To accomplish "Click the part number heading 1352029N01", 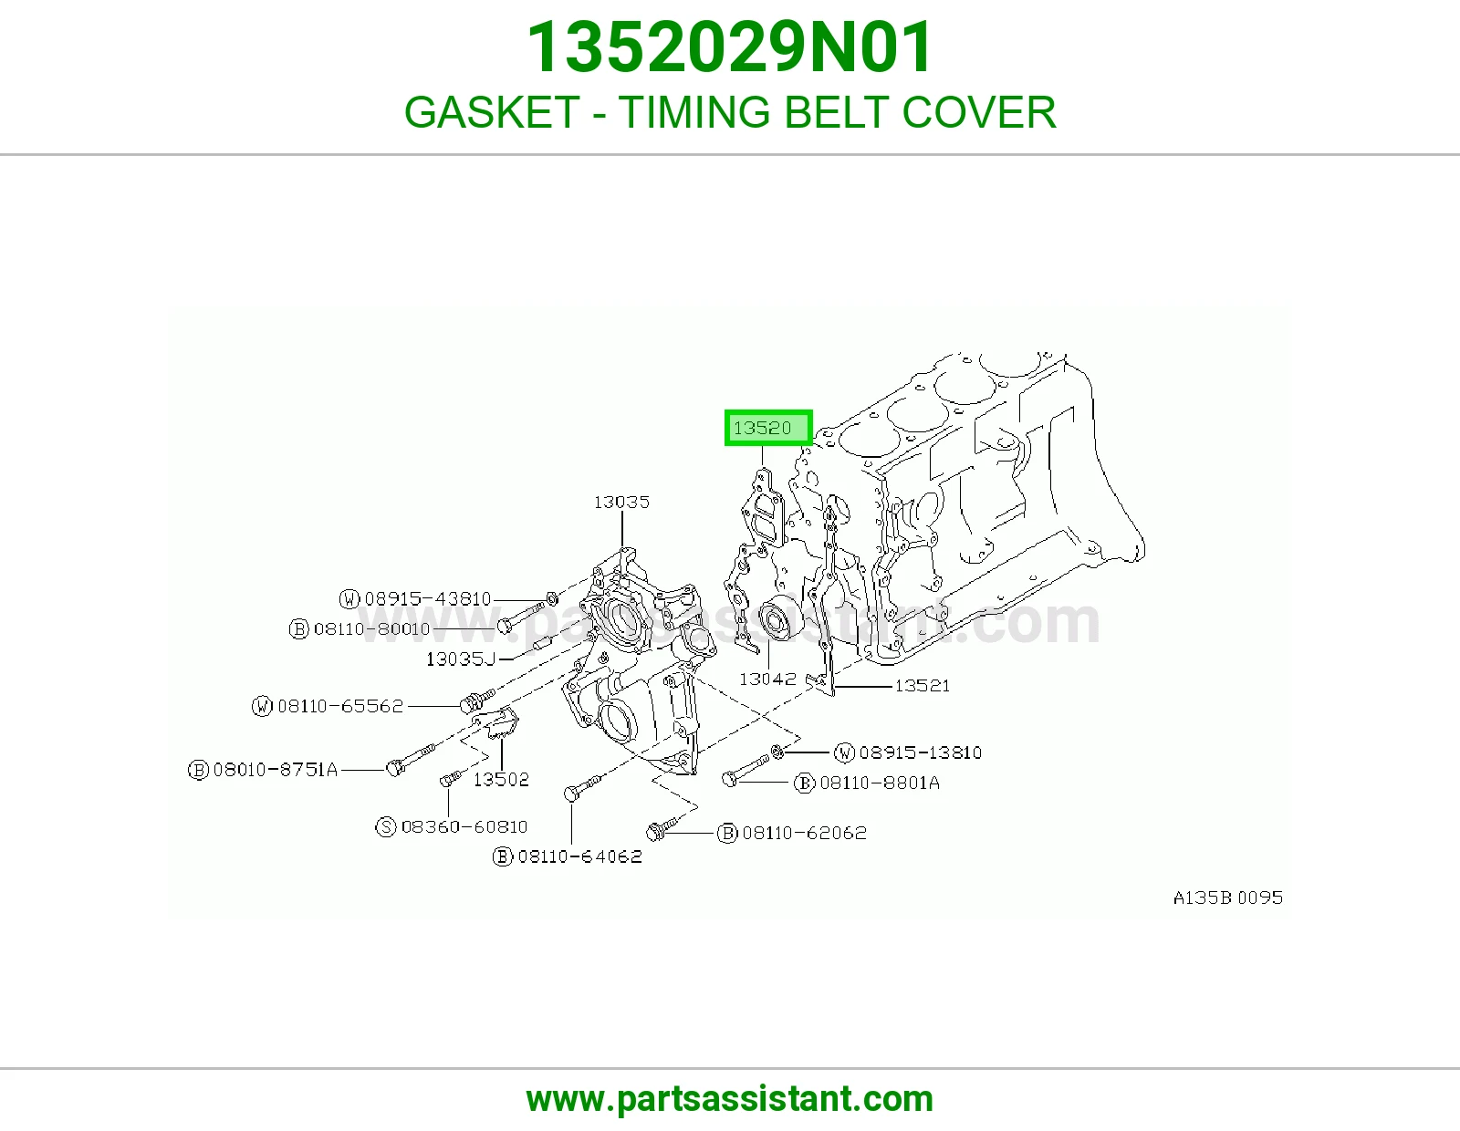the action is [x=730, y=47].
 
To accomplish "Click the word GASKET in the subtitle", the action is [x=491, y=112].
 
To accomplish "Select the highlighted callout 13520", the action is [x=768, y=428].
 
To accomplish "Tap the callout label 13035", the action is [x=621, y=503].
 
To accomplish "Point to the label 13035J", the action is [x=460, y=659].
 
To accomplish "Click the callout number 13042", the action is [x=767, y=679].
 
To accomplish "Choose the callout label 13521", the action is [x=923, y=686].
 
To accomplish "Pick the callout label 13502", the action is [x=501, y=779].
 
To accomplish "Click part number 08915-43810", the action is [x=428, y=598].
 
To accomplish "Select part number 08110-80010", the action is [x=371, y=628].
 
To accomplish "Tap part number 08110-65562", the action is [x=340, y=706].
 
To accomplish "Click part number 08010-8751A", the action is [x=276, y=769].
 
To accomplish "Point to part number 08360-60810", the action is [x=464, y=826].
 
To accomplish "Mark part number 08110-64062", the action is [x=579, y=856].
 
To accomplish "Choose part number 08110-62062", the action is [x=804, y=833].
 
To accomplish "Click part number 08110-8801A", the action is [x=880, y=783].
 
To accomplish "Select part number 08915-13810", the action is [x=921, y=752].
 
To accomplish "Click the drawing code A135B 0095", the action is [x=1228, y=898].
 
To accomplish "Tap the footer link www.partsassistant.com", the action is [x=730, y=1099].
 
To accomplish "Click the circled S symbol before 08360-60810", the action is [x=386, y=826].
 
